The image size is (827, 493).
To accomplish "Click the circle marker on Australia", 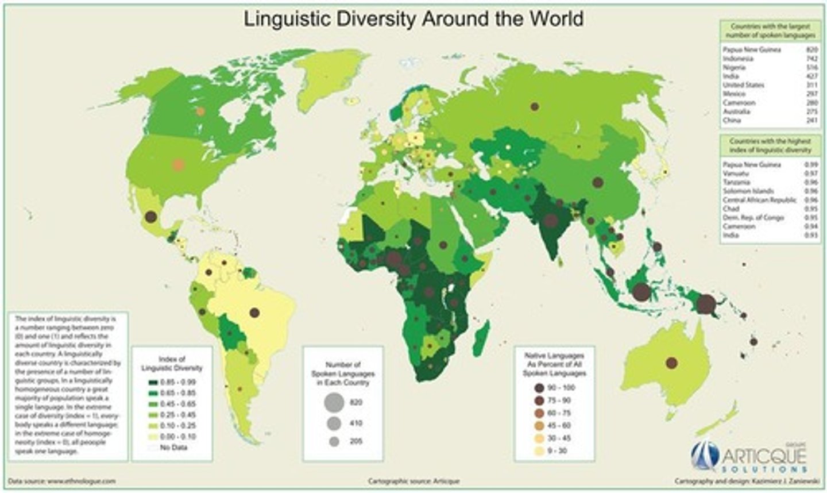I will [x=671, y=363].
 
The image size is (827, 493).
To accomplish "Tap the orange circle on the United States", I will [x=178, y=165].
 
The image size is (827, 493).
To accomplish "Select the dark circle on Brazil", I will [x=254, y=313].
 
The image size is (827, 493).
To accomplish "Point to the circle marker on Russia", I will [x=535, y=106].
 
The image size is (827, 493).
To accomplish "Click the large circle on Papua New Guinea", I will [x=707, y=303].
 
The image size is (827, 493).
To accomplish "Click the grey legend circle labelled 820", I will [x=334, y=403].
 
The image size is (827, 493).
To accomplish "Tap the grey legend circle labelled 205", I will [x=334, y=442].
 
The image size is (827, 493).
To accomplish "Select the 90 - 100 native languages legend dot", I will [x=539, y=388].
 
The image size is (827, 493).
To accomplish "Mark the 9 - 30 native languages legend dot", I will [x=539, y=451].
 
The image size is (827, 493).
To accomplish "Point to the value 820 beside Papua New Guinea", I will [x=811, y=50].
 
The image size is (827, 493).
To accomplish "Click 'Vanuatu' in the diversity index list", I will [x=736, y=174].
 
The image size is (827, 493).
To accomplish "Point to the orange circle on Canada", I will [x=200, y=111].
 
